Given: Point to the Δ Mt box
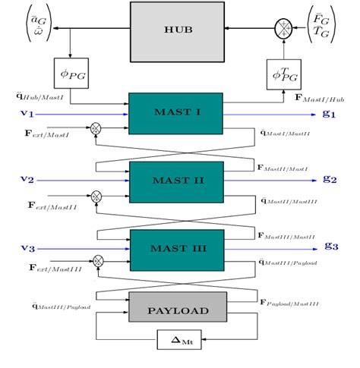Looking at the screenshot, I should [180, 340].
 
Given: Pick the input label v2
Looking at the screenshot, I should [27, 181].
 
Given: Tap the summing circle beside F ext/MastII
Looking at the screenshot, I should [96, 196].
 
